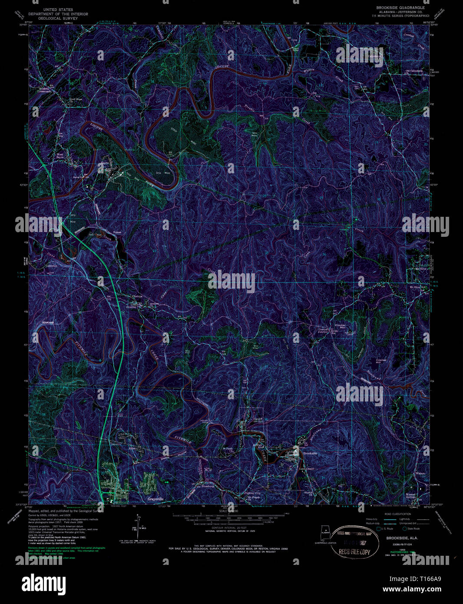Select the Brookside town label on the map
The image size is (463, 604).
310,453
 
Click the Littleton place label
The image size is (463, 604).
52,265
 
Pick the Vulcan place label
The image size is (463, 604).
117,232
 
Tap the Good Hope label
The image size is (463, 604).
76,99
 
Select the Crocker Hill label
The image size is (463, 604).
381,362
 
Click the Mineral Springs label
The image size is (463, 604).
410,495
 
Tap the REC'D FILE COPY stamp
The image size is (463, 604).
352,552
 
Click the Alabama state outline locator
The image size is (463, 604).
324,532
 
